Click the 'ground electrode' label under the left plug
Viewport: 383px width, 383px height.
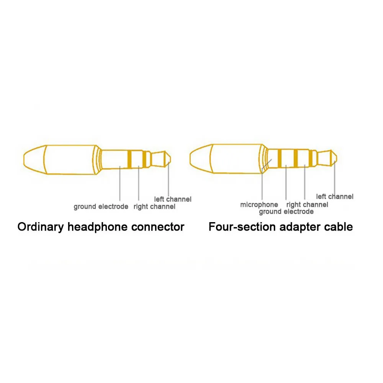101,207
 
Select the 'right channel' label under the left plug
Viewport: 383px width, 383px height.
154,207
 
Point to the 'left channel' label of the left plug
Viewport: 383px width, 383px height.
173,199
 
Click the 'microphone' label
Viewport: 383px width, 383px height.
259,205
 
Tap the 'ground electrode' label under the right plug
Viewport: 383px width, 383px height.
286,212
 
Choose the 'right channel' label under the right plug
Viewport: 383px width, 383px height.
307,205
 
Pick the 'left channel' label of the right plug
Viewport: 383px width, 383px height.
335,196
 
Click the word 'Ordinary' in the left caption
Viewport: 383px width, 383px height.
41,227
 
